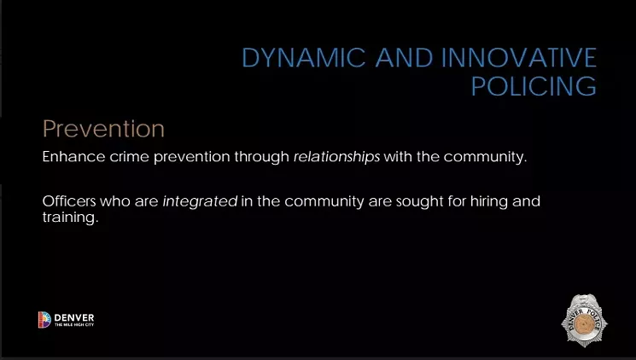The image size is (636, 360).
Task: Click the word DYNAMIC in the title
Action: coord(303,57)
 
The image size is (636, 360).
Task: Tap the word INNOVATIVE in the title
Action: coord(519,57)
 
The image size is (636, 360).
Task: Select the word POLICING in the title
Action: coord(534,86)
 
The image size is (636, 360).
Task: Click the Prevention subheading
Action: coord(103,129)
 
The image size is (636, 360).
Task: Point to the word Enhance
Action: coord(73,156)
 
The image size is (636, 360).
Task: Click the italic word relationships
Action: coord(336,157)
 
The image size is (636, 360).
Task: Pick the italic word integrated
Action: coord(200,201)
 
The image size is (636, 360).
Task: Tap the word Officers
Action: coord(69,201)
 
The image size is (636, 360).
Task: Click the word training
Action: coord(70,218)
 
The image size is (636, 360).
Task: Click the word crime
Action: coord(129,157)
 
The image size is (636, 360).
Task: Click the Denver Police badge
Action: coord(584,320)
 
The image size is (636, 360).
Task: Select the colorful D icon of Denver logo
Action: coord(44,319)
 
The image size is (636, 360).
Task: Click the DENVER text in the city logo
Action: coord(73,317)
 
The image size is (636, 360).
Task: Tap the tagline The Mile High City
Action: coord(74,325)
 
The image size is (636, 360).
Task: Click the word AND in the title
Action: coord(404,57)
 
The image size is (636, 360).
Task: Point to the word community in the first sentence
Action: coord(485,157)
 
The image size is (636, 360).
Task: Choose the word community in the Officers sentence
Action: coord(324,201)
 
